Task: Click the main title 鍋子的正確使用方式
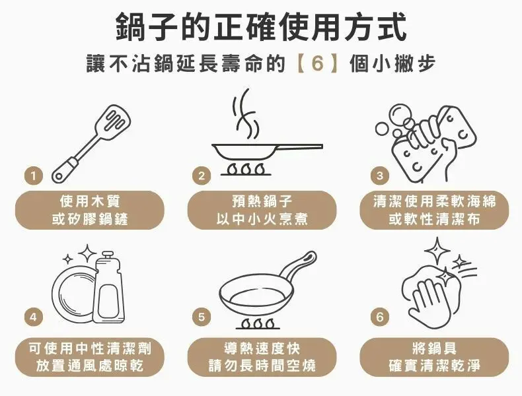pyautogui.click(x=261, y=27)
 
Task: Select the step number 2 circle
pyautogui.click(x=202, y=176)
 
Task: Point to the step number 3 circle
pyautogui.click(x=379, y=176)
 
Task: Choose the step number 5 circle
pyautogui.click(x=202, y=317)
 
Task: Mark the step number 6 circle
pyautogui.click(x=379, y=317)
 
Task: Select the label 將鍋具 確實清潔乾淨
pyautogui.click(x=434, y=356)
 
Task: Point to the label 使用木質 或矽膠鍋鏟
pyautogui.click(x=89, y=209)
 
